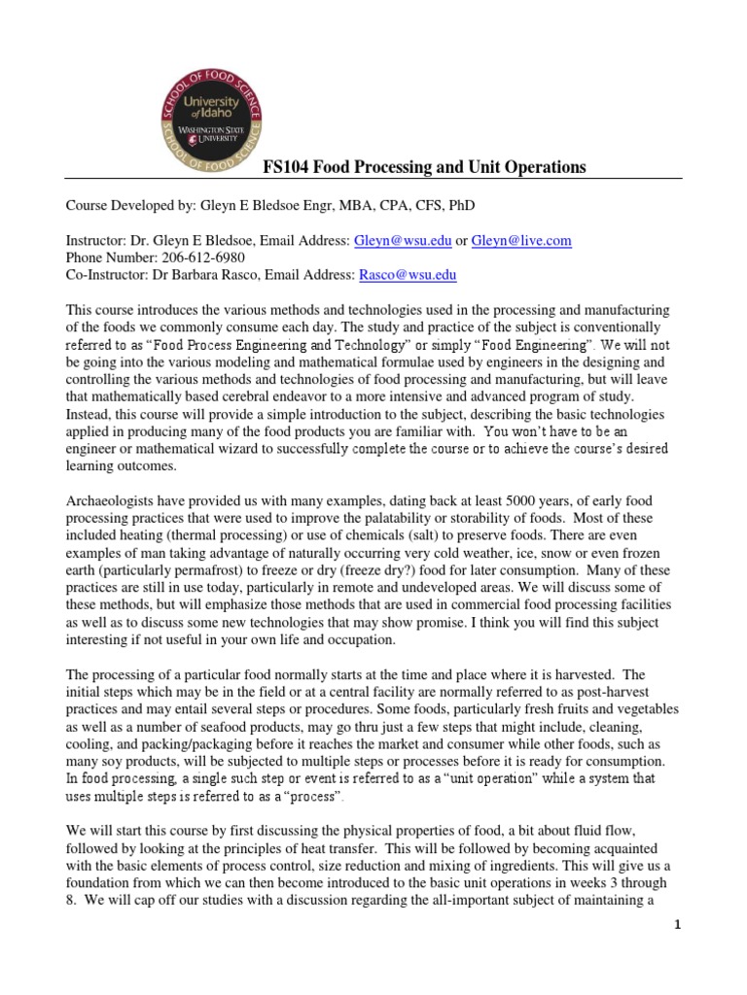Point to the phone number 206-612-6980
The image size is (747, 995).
199,257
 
